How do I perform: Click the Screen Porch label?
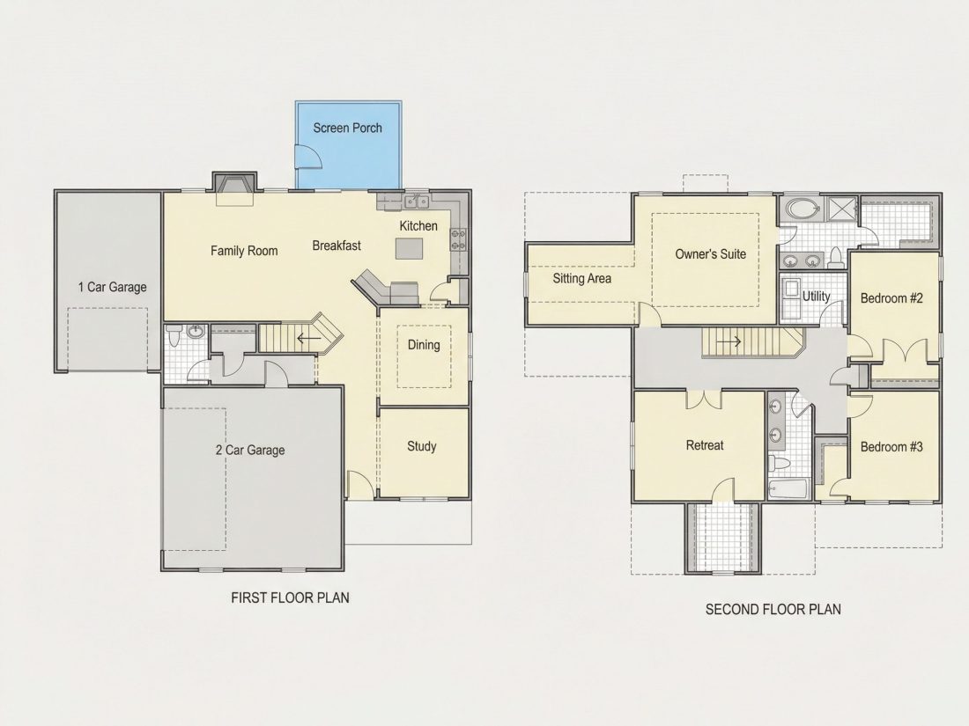pyautogui.click(x=347, y=128)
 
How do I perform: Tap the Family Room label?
pyautogui.click(x=244, y=251)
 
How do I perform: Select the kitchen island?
pyautogui.click(x=409, y=249)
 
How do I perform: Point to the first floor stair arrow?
pyautogui.click(x=308, y=338)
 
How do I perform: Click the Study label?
pyautogui.click(x=421, y=446)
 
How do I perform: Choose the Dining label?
pyautogui.click(x=424, y=344)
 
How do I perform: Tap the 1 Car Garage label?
pyautogui.click(x=113, y=287)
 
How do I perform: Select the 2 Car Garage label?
pyautogui.click(x=250, y=450)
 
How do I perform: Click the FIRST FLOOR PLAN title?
pyautogui.click(x=290, y=598)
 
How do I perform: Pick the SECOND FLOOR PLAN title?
pyautogui.click(x=773, y=609)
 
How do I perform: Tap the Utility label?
pyautogui.click(x=816, y=297)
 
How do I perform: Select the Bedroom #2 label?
pyautogui.click(x=891, y=298)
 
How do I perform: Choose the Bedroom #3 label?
pyautogui.click(x=891, y=446)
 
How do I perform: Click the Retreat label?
pyautogui.click(x=705, y=445)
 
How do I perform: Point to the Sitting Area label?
pyautogui.click(x=582, y=278)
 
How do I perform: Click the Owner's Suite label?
pyautogui.click(x=711, y=253)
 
